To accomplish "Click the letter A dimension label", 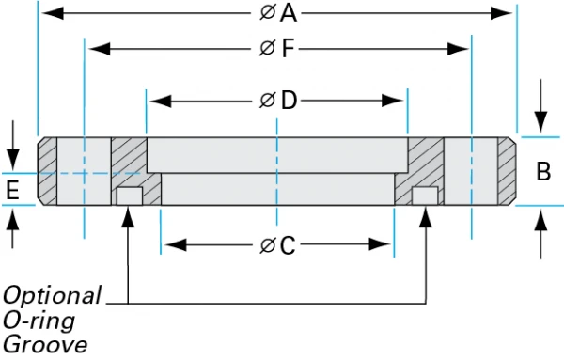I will point(288,13).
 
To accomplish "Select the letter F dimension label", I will point(288,49).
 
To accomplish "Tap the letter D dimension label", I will point(287,101).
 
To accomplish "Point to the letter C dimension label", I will point(287,246).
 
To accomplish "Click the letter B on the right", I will point(543,172).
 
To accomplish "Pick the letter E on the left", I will point(12,191).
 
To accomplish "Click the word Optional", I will point(52,295).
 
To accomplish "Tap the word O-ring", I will point(39,320).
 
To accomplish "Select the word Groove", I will point(44,344).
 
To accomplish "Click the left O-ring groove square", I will point(129,196).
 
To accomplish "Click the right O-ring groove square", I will point(427,196).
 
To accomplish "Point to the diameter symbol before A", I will point(267,13).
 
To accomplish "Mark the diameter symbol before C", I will point(267,246).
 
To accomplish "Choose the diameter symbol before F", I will point(267,49).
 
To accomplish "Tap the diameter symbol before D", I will point(267,101).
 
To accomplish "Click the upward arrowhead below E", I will point(12,218).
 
